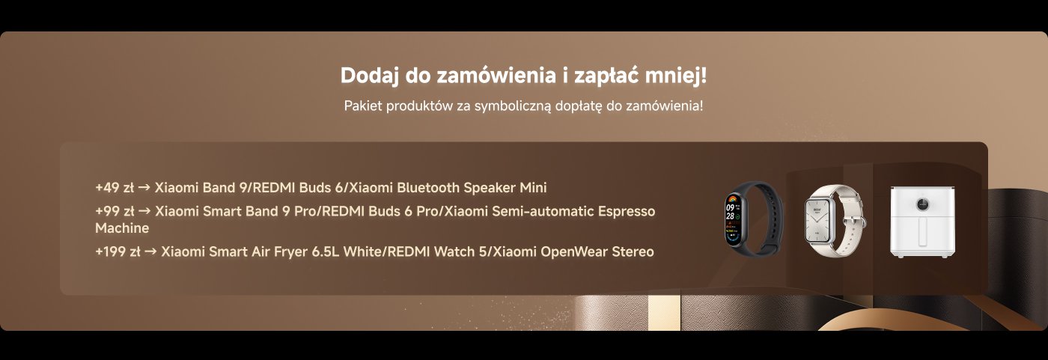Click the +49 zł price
(x=115, y=187)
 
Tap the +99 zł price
(x=115, y=212)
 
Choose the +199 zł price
(x=118, y=251)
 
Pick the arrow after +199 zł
(x=150, y=251)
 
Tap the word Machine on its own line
(x=122, y=228)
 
